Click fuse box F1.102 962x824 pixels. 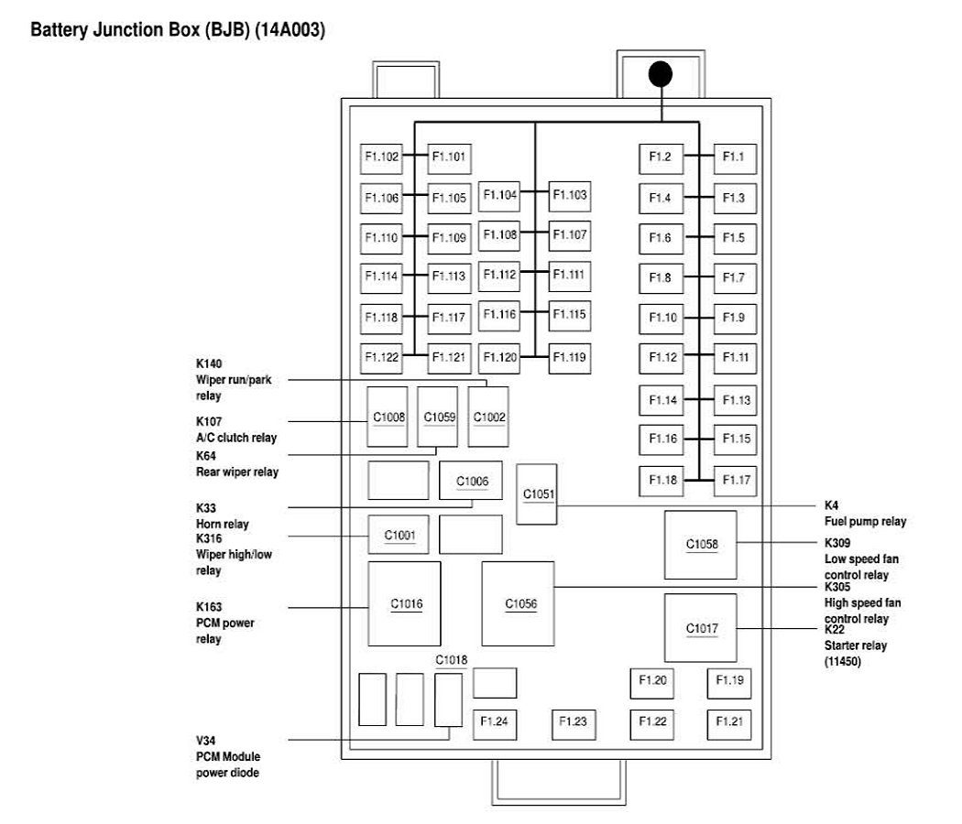tap(381, 157)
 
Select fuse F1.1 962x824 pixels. tap(734, 157)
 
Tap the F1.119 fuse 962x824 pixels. tap(570, 356)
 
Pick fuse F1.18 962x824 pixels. tap(661, 479)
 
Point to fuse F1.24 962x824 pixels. tap(494, 722)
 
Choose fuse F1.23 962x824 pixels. tap(573, 722)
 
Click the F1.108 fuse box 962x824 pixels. tap(500, 234)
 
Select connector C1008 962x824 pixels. tap(388, 417)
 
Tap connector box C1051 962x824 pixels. tap(537, 494)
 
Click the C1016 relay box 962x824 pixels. tap(405, 603)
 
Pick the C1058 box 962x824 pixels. tap(702, 545)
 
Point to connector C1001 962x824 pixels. tap(399, 536)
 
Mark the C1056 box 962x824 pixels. tap(519, 603)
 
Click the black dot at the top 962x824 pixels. tap(660, 74)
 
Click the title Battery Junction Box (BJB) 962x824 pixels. tap(179, 31)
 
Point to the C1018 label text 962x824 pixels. tap(452, 660)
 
